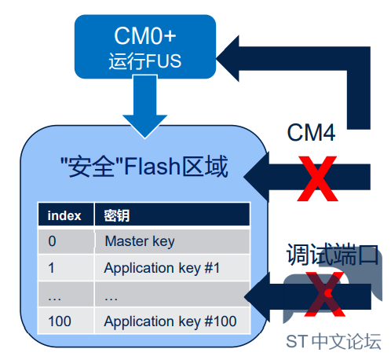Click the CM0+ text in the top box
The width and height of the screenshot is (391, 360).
[x=145, y=35]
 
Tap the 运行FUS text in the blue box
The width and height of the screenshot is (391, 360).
[x=145, y=61]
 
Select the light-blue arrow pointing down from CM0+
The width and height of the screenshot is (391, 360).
[x=145, y=106]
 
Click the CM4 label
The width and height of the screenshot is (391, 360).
[x=311, y=133]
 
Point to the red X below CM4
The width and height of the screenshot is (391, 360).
[x=317, y=178]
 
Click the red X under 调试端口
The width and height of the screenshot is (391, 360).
[x=324, y=294]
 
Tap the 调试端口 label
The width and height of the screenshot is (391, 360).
[x=332, y=254]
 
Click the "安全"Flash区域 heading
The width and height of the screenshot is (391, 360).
[x=144, y=167]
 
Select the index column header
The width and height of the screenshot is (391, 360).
[x=64, y=216]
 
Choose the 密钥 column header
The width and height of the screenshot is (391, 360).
[x=117, y=216]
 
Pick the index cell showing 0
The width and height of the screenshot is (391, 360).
[x=52, y=241]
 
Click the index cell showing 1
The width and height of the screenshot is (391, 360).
[x=51, y=268]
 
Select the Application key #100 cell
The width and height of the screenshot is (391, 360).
[x=170, y=321]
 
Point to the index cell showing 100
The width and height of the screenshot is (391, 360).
[x=60, y=321]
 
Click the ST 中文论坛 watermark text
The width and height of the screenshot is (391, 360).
[x=334, y=341]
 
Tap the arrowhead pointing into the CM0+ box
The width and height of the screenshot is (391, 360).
[x=228, y=59]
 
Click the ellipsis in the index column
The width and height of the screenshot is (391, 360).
[x=54, y=299]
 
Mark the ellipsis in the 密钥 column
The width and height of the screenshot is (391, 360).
[x=111, y=299]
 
